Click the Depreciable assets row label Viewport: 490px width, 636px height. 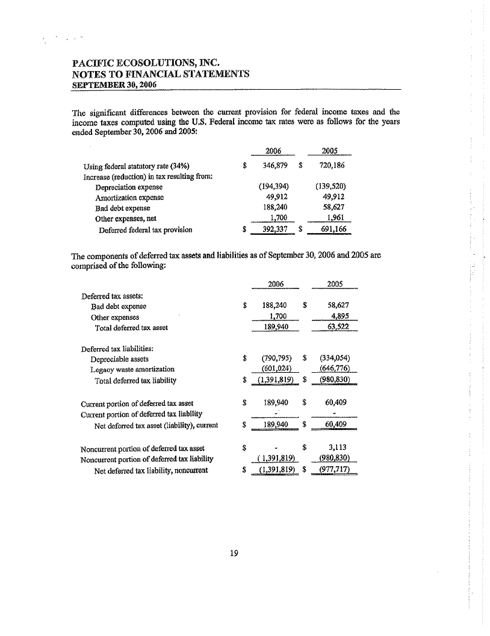tap(119, 358)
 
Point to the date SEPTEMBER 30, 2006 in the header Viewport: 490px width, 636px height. tap(114, 85)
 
